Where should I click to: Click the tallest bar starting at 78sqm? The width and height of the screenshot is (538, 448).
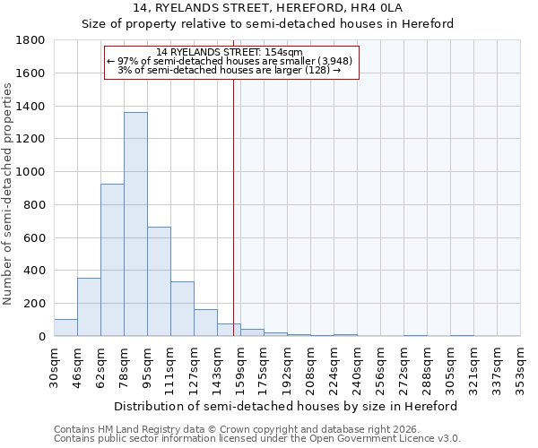pyautogui.click(x=135, y=224)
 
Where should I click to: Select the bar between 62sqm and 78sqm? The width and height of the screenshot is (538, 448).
pyautogui.click(x=112, y=260)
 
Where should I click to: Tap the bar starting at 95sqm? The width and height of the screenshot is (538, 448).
pyautogui.click(x=159, y=281)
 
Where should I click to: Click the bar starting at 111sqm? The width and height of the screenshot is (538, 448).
pyautogui.click(x=182, y=309)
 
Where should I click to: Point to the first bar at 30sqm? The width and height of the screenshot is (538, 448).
pyautogui.click(x=65, y=328)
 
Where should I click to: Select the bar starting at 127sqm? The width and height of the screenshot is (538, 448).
pyautogui.click(x=205, y=323)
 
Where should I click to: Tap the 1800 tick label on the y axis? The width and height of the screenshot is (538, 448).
pyautogui.click(x=31, y=40)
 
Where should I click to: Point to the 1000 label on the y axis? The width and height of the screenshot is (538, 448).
pyautogui.click(x=31, y=172)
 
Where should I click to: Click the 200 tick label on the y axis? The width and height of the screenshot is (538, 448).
pyautogui.click(x=35, y=304)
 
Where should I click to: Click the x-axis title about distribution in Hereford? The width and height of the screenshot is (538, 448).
pyautogui.click(x=286, y=406)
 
